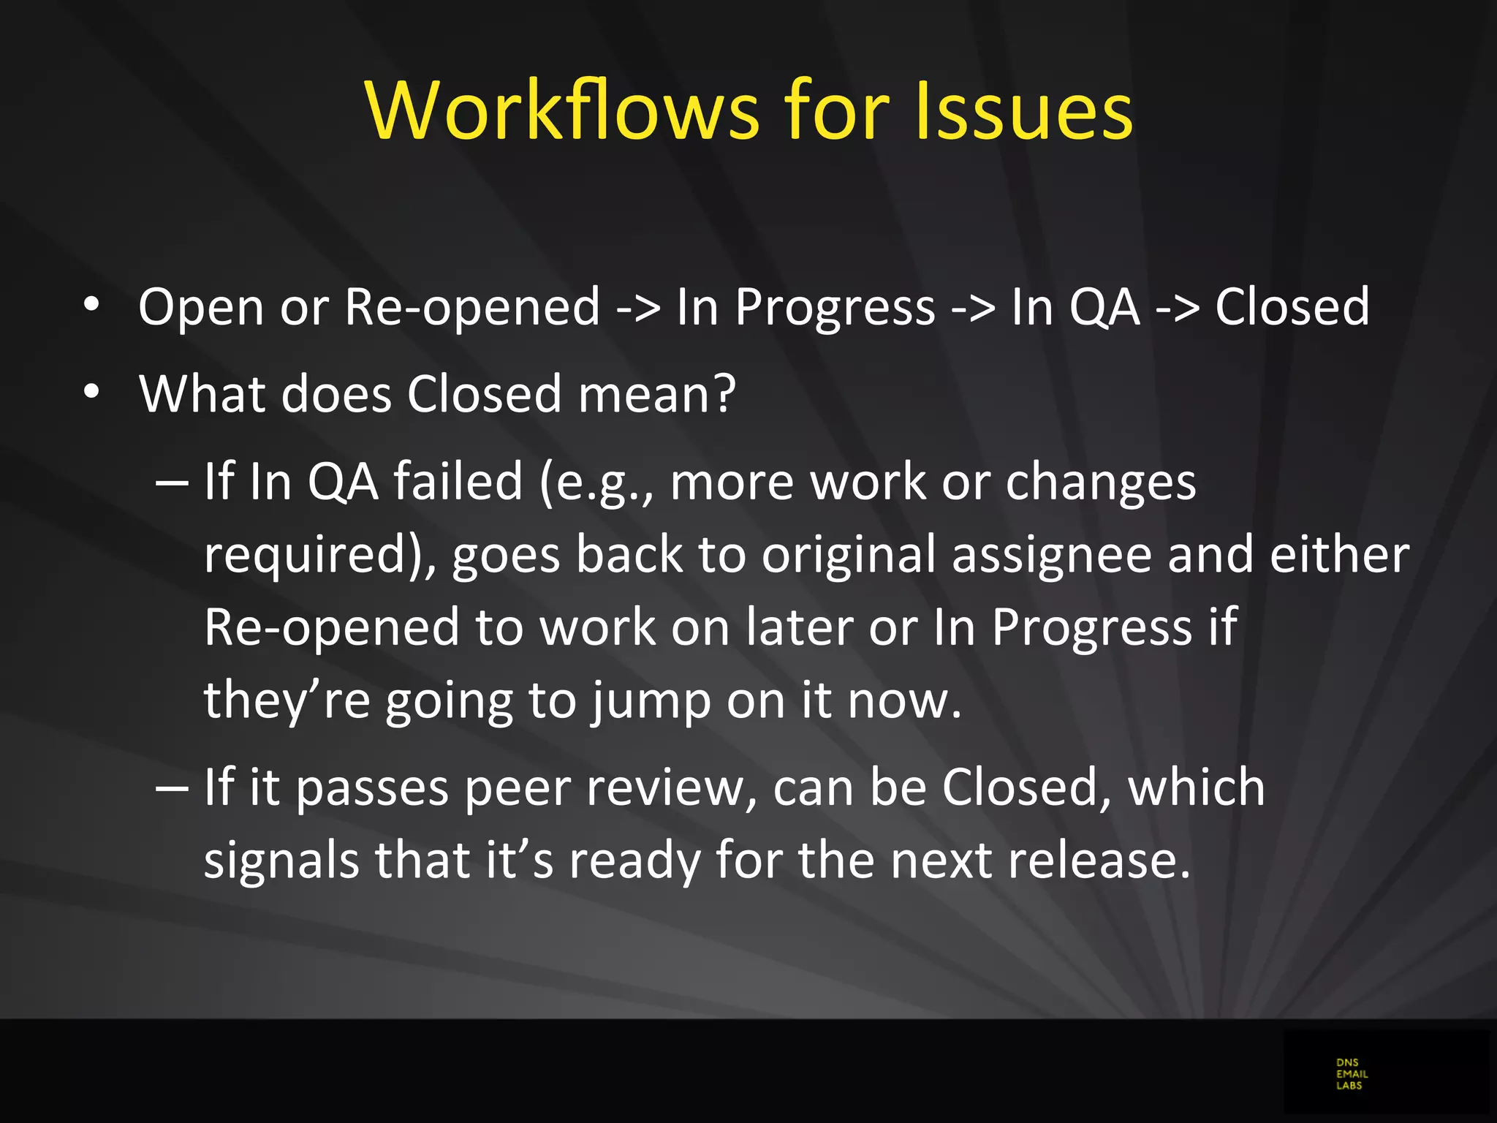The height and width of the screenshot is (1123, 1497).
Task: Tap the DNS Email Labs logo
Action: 1352,1074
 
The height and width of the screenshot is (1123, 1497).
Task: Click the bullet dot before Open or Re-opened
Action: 91,306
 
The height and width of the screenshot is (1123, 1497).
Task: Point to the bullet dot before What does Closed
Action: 91,393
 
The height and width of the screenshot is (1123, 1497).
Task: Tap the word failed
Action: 458,482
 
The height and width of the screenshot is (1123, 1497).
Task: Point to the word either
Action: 1339,554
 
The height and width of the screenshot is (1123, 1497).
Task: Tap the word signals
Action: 281,861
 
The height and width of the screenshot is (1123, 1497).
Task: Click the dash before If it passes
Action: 173,788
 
